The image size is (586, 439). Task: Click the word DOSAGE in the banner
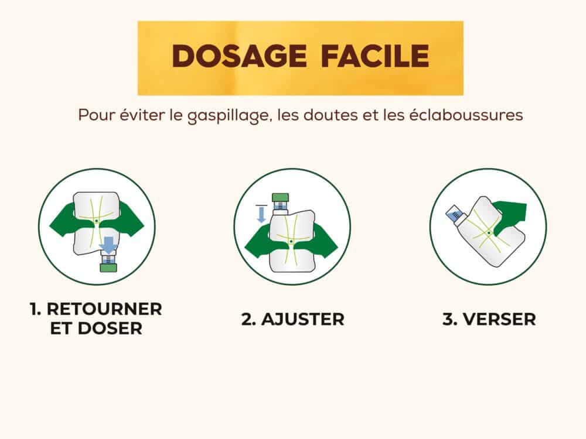click(x=240, y=56)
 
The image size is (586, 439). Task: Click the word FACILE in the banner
click(x=375, y=56)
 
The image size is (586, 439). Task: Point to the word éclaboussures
click(x=466, y=115)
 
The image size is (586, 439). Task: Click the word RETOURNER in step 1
click(x=104, y=309)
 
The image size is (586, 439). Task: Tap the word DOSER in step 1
click(x=110, y=328)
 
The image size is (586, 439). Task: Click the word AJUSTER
click(x=303, y=319)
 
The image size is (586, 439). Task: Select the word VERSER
click(x=499, y=319)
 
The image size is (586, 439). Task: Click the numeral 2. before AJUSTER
click(x=248, y=319)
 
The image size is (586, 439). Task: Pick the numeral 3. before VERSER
click(x=450, y=319)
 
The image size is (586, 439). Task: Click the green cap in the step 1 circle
click(x=108, y=267)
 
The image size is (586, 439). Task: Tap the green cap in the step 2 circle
click(x=280, y=197)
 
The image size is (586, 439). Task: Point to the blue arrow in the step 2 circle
click(x=261, y=214)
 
